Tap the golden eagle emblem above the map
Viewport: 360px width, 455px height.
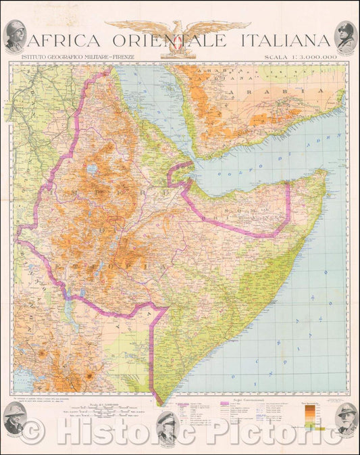pyautogui.click(x=180, y=30)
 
